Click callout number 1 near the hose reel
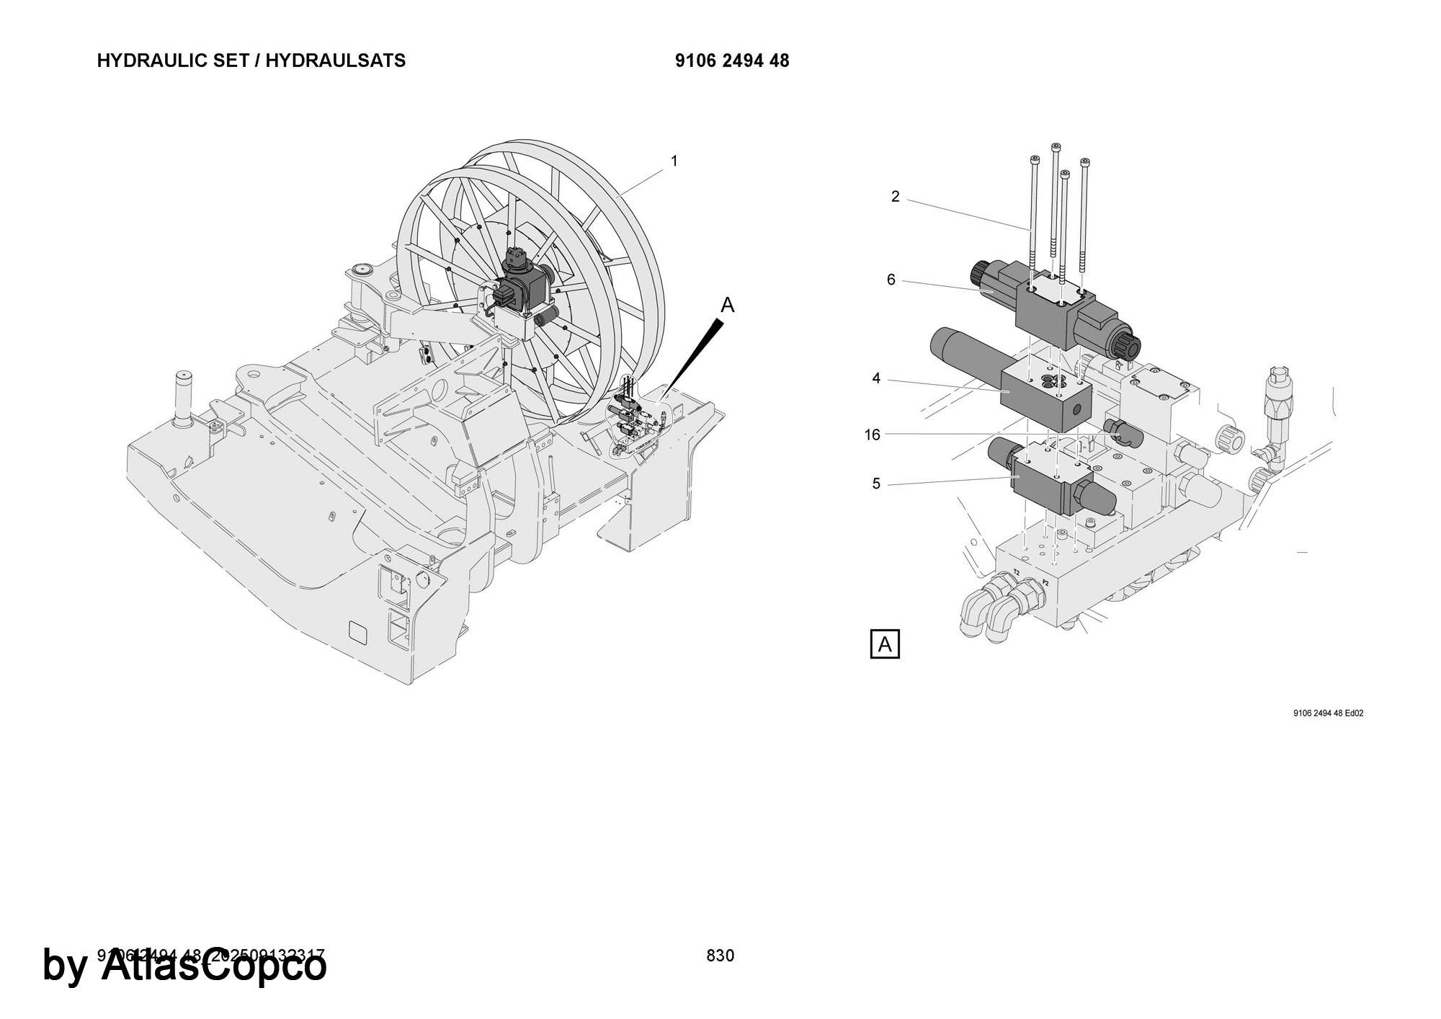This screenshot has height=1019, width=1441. tap(674, 161)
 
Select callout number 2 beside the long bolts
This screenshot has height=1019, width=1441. tap(895, 197)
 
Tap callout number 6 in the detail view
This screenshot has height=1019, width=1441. tap(891, 280)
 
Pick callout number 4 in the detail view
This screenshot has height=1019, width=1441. tap(876, 378)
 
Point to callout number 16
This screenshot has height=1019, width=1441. tap(873, 435)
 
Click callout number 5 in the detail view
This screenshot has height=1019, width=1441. tap(876, 484)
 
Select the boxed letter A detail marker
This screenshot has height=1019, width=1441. tap(885, 644)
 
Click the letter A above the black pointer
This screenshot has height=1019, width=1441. tap(728, 306)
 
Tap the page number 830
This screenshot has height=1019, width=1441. tap(720, 956)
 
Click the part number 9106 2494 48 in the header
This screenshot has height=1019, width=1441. tap(732, 61)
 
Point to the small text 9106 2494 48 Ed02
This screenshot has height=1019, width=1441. tap(1329, 713)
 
